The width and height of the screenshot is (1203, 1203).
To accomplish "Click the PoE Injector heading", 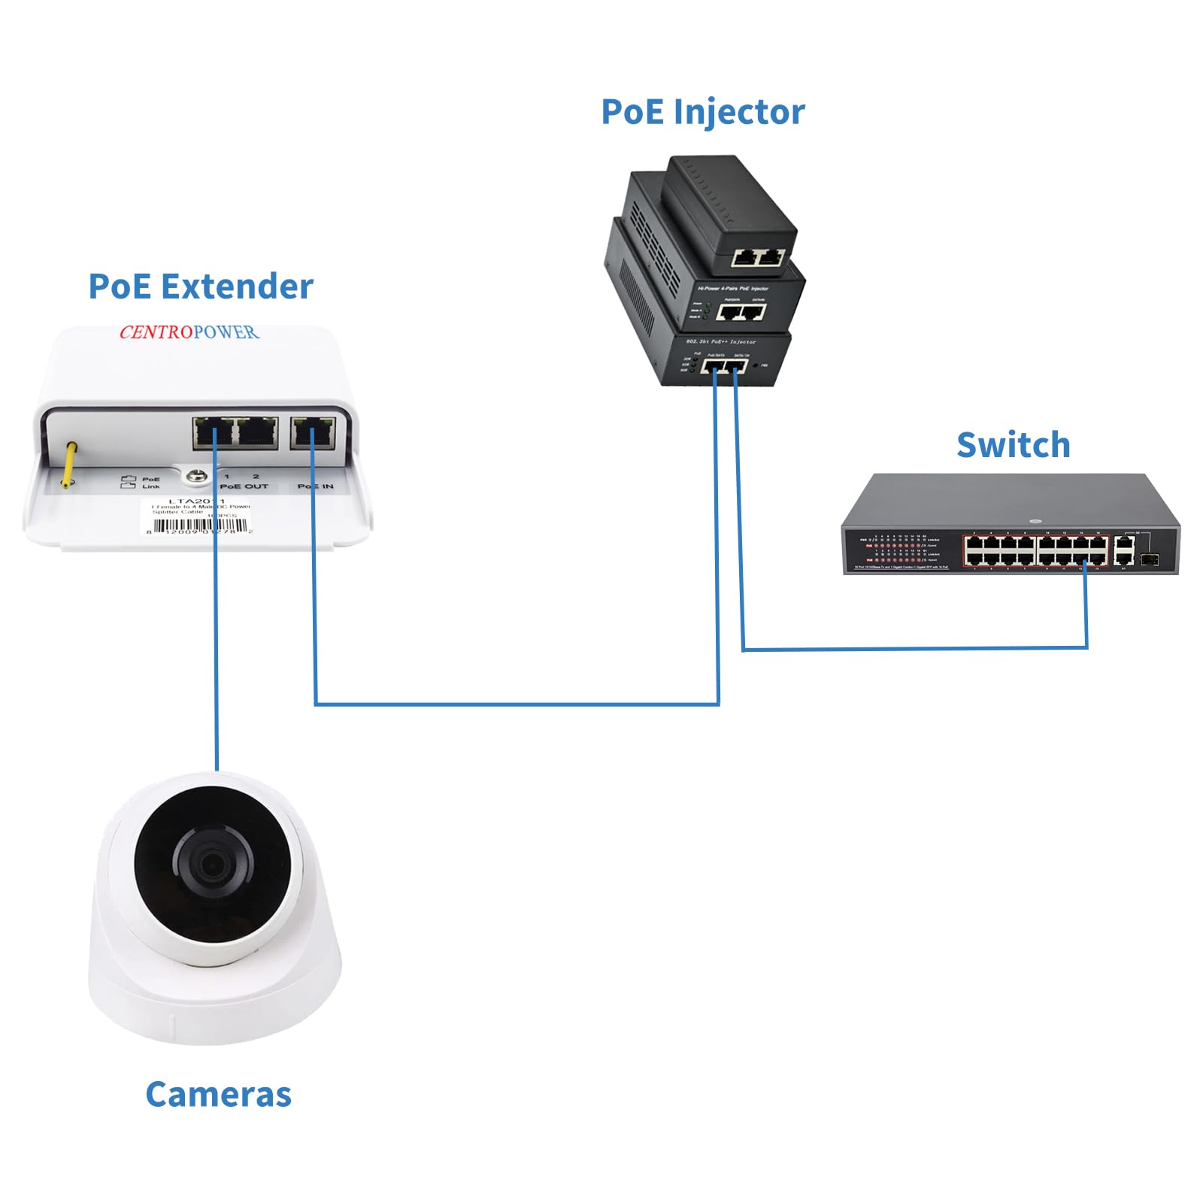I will pyautogui.click(x=702, y=113).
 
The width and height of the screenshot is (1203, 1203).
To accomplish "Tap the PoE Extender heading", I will pyautogui.click(x=201, y=287).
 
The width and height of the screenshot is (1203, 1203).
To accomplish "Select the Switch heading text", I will pyautogui.click(x=1013, y=445).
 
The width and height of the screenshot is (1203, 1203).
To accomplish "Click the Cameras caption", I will pyautogui.click(x=218, y=1095).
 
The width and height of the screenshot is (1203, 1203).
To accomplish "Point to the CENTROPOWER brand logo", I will pyautogui.click(x=189, y=332).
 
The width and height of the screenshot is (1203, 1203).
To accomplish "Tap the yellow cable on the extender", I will pyautogui.click(x=69, y=465).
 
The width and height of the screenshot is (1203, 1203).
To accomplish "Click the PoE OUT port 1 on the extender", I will pyautogui.click(x=214, y=433).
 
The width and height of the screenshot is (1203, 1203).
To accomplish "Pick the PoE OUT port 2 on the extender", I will pyautogui.click(x=258, y=433).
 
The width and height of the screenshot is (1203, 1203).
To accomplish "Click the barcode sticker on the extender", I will pyautogui.click(x=197, y=517).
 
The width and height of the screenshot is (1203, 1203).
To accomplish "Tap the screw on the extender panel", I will pyautogui.click(x=198, y=476).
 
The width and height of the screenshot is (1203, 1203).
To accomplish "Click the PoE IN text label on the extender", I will pyautogui.click(x=315, y=486).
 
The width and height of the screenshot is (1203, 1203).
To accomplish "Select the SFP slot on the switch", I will pyautogui.click(x=1149, y=559).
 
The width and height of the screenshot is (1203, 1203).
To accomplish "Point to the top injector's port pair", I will pyautogui.click(x=758, y=258).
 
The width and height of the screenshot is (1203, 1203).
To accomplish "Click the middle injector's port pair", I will pyautogui.click(x=741, y=311).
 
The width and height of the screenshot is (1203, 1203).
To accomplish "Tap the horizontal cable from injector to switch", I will pyautogui.click(x=914, y=648).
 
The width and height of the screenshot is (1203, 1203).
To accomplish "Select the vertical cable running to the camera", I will pyautogui.click(x=217, y=662).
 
